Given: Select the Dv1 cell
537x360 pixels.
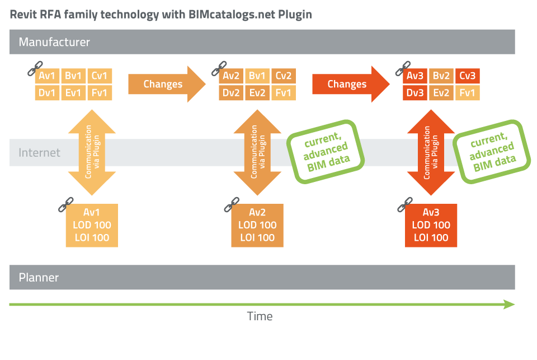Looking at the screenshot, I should (x=48, y=92).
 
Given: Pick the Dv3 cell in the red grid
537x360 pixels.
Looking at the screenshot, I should (x=415, y=92).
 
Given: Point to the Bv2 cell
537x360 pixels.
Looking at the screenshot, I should (x=441, y=76).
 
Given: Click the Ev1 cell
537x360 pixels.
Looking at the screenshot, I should (x=74, y=92).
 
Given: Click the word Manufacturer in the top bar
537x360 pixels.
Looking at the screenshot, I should (x=54, y=42).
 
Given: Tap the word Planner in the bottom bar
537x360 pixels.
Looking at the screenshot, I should (x=39, y=277).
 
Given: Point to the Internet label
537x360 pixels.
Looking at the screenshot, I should (x=39, y=152).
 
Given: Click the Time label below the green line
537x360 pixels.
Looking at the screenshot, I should (x=260, y=316).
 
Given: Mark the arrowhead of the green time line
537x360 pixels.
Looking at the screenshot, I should (x=509, y=305).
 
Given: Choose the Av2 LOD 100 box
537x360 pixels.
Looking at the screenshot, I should (x=257, y=225).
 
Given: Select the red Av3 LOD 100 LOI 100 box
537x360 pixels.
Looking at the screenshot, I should (x=431, y=225).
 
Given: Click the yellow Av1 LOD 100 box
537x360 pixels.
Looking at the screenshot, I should (x=92, y=225).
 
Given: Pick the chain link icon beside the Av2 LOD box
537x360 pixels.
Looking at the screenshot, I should (x=229, y=205).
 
